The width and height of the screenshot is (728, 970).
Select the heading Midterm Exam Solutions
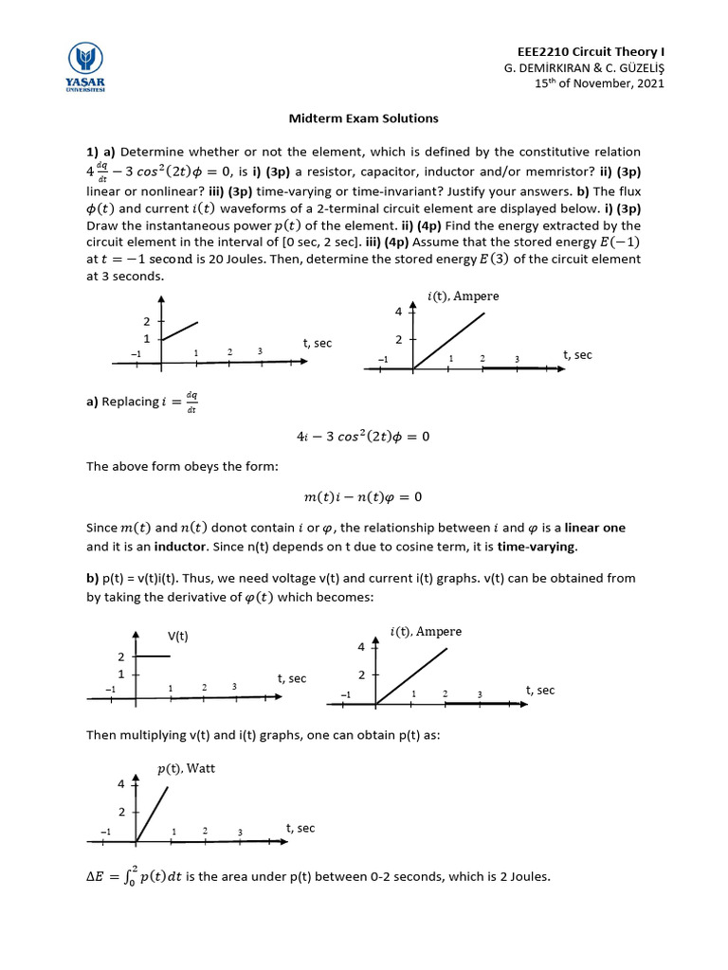click(363, 118)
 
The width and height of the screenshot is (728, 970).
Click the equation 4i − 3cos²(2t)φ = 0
click(363, 437)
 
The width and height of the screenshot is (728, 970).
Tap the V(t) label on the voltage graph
click(178, 636)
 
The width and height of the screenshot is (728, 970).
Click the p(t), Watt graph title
click(186, 768)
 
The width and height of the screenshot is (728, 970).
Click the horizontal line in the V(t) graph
click(154, 656)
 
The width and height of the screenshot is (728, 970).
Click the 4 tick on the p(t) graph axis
click(121, 783)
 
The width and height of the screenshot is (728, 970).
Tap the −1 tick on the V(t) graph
click(111, 688)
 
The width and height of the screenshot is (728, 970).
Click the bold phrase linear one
click(593, 528)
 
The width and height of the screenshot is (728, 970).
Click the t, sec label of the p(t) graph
click(300, 828)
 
